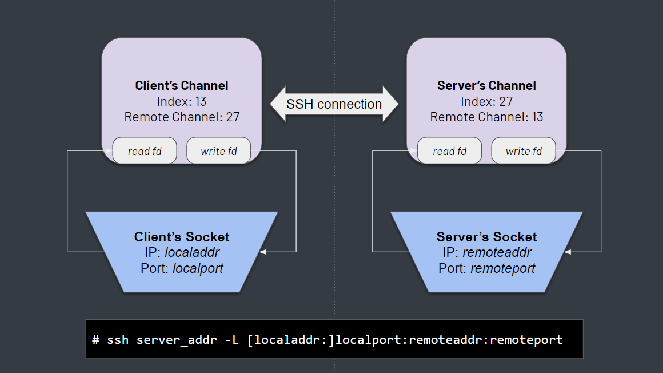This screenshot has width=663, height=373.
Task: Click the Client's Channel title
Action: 182,86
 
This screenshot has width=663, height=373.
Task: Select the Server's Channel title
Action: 486,86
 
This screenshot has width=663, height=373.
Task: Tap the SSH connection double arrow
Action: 334,104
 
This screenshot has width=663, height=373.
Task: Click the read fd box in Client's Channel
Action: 145,151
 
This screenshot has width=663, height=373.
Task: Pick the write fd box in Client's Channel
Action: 218,151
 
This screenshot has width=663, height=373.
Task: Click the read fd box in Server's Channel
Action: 449,151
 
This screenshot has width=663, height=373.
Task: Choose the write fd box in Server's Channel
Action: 524,151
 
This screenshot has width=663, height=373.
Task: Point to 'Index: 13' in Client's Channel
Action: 182,102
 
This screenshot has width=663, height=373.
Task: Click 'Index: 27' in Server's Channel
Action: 486,102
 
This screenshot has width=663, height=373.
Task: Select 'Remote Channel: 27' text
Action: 182,117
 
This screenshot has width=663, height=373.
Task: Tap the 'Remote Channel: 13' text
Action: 486,117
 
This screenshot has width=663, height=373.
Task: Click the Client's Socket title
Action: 182,237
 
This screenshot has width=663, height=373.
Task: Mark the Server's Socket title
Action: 486,237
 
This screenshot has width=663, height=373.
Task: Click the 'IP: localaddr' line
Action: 182,252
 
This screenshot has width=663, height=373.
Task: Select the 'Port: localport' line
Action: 182,268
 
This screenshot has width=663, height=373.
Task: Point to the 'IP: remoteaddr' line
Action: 486,252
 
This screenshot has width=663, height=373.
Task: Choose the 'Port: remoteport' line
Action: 486,268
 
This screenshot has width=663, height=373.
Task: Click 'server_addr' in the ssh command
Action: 176,340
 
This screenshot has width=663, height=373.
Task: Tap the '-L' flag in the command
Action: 232,340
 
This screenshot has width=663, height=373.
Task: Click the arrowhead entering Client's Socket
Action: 263,252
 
